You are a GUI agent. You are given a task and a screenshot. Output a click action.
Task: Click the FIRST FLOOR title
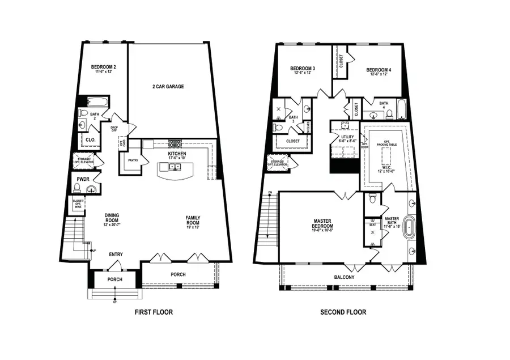153,312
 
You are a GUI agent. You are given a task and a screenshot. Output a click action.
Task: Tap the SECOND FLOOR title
343,312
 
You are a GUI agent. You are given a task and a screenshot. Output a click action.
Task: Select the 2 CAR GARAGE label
168,87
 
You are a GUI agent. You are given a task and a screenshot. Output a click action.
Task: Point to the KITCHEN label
177,154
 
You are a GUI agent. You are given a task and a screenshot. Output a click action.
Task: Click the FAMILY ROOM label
193,221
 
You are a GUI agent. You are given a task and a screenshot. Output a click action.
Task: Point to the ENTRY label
116,255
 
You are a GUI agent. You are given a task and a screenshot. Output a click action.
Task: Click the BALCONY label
343,277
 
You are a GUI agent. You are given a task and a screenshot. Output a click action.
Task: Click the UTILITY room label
347,137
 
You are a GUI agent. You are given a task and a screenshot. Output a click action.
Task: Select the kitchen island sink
175,167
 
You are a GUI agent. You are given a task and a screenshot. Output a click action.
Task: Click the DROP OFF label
114,129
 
